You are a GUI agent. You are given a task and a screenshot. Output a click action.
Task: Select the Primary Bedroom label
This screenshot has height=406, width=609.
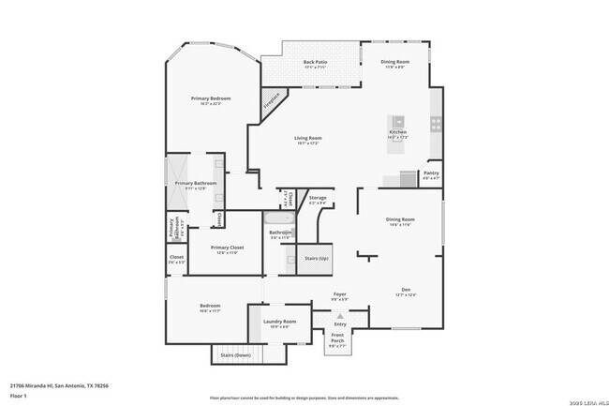(211, 100)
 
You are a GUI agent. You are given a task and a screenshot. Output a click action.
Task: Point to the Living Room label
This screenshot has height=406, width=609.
(308, 141)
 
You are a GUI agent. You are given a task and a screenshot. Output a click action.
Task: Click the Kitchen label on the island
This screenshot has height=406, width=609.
(397, 133)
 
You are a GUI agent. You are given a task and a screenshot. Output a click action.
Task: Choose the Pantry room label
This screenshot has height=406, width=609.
(431, 174)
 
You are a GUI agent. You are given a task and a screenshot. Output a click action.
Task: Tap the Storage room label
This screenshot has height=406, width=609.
(318, 200)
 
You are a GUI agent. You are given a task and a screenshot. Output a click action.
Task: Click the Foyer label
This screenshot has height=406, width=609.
(340, 295)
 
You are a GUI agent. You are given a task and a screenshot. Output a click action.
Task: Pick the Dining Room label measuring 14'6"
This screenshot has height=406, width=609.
(400, 221)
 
